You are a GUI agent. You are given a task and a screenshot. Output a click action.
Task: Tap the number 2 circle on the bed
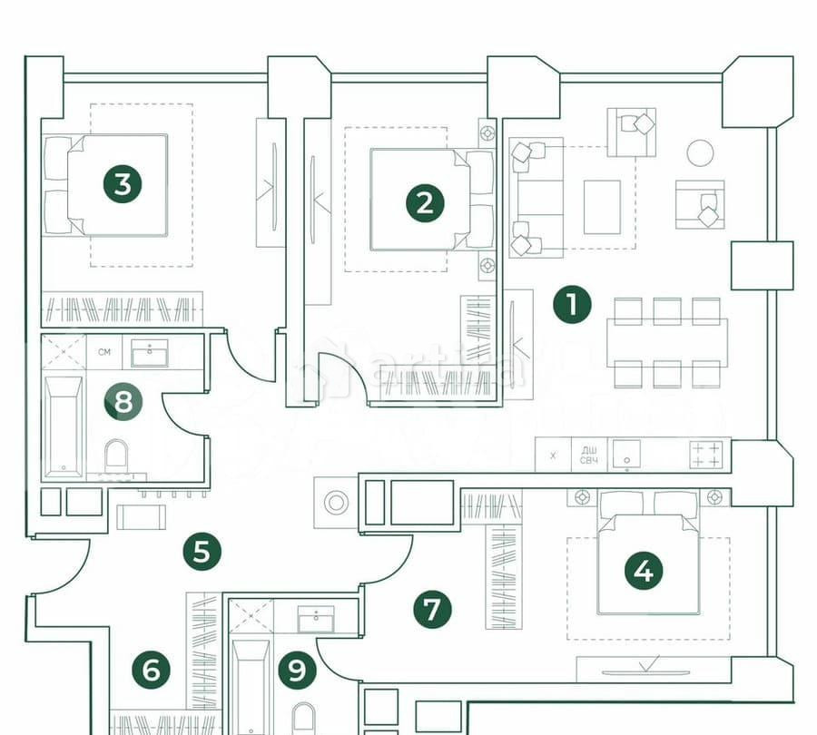tap(424, 203)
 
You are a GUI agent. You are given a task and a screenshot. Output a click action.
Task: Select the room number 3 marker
tap(123, 184)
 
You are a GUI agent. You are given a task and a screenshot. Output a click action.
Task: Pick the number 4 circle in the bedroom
tap(644, 572)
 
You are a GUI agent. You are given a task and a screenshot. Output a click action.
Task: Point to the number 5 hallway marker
tap(202, 551)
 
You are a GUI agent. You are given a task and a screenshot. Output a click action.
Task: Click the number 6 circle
tap(151, 671)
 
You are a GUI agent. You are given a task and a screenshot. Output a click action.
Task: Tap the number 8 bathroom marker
tap(123, 402)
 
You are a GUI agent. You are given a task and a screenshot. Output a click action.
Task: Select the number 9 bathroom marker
tap(297, 671)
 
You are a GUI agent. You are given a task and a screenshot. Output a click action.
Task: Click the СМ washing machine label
tap(104, 352)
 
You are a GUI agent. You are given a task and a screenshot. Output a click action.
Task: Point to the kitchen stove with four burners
tap(706, 454)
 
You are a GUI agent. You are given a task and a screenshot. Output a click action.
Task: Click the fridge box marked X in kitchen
tap(552, 455)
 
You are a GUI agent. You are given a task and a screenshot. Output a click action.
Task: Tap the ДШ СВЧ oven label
tap(589, 455)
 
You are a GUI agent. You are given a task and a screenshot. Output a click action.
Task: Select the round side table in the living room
tap(700, 152)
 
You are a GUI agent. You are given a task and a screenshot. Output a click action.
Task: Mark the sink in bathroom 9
tap(316, 619)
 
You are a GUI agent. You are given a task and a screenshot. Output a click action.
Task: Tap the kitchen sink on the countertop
tap(627, 454)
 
